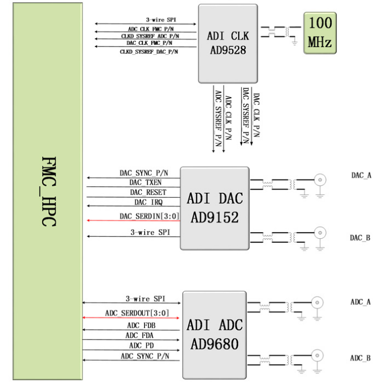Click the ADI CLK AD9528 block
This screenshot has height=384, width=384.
tap(228, 43)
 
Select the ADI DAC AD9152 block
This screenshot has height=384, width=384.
tap(214, 208)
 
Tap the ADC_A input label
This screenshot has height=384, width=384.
tap(360, 302)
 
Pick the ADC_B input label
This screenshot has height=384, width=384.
tap(360, 358)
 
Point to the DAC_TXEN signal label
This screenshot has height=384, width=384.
tap(146, 182)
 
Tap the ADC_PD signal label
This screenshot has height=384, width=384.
tap(139, 345)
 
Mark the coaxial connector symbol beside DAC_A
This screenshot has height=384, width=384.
tap(320, 180)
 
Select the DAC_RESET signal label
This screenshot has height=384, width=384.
tap(147, 192)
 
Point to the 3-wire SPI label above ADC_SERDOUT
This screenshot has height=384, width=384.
tap(145, 298)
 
